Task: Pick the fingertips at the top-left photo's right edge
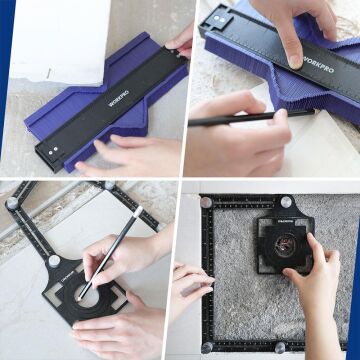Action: pyautogui.click(x=183, y=40)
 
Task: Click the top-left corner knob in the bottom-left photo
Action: pyautogui.click(x=12, y=203)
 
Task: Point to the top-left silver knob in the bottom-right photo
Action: pyautogui.click(x=206, y=203)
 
